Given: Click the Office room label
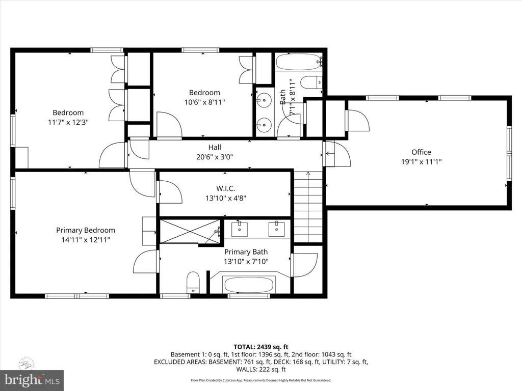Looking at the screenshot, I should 421,152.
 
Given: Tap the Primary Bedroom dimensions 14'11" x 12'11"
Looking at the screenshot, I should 86,239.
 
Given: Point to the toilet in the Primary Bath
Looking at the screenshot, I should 193,282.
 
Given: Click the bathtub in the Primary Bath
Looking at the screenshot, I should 249,284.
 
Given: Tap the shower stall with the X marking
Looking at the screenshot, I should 190,231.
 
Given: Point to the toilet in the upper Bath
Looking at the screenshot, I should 311,82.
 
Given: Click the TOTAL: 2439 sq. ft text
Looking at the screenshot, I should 260,347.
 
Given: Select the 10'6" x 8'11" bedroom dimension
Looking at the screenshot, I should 204,102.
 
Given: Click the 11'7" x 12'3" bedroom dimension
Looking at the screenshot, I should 68,122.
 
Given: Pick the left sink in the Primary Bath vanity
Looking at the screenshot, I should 239,230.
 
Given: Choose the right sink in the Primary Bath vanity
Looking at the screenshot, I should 277,230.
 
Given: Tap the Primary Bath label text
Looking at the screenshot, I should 246,252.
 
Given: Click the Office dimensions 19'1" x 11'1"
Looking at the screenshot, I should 421,161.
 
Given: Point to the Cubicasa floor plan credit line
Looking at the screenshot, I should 260,380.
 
